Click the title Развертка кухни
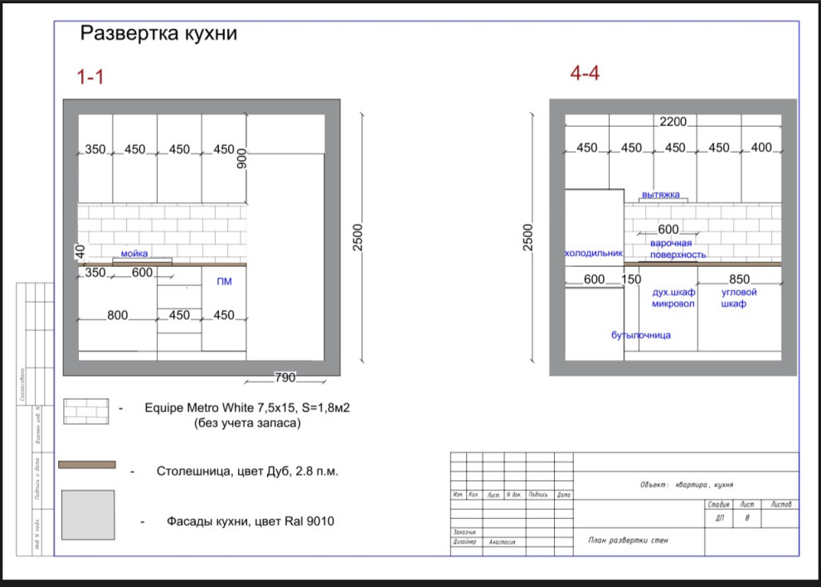(x=158, y=35)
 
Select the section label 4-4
(x=585, y=74)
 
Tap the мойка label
(x=135, y=255)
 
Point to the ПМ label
(x=224, y=282)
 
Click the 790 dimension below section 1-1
(x=285, y=378)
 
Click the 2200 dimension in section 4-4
(x=673, y=122)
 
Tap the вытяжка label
(x=661, y=195)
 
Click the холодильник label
(x=593, y=253)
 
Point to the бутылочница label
(x=641, y=335)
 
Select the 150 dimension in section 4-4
(x=631, y=280)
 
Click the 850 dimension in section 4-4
(x=739, y=280)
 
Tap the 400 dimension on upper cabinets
(x=761, y=148)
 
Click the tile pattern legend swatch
(x=87, y=409)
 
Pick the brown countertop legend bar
(x=87, y=465)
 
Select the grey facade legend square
(x=88, y=516)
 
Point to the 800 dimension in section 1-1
(x=118, y=316)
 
